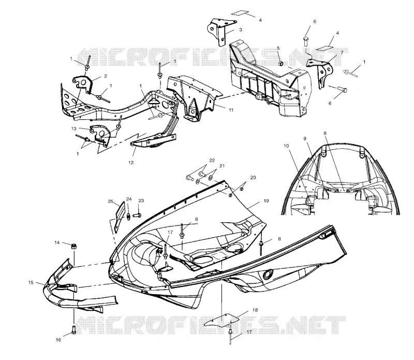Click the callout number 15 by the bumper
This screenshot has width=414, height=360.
[31, 282]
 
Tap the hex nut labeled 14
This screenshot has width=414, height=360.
[73, 246]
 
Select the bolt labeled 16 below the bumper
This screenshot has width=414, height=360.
[73, 330]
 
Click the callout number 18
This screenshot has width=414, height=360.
[255, 310]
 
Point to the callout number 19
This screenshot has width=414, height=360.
[266, 201]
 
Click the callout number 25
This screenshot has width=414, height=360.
[111, 201]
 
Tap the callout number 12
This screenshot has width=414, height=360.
[131, 163]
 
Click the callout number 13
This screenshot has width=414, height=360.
[73, 129]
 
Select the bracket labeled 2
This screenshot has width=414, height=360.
[82, 83]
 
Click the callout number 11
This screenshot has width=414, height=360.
[231, 110]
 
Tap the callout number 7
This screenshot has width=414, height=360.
[342, 53]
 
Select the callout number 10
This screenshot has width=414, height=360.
[287, 146]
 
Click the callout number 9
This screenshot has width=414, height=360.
[305, 138]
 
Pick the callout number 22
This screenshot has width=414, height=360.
[212, 161]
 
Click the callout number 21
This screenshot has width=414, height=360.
[222, 166]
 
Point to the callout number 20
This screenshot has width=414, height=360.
[253, 178]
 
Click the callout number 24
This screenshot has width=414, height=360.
[128, 199]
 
